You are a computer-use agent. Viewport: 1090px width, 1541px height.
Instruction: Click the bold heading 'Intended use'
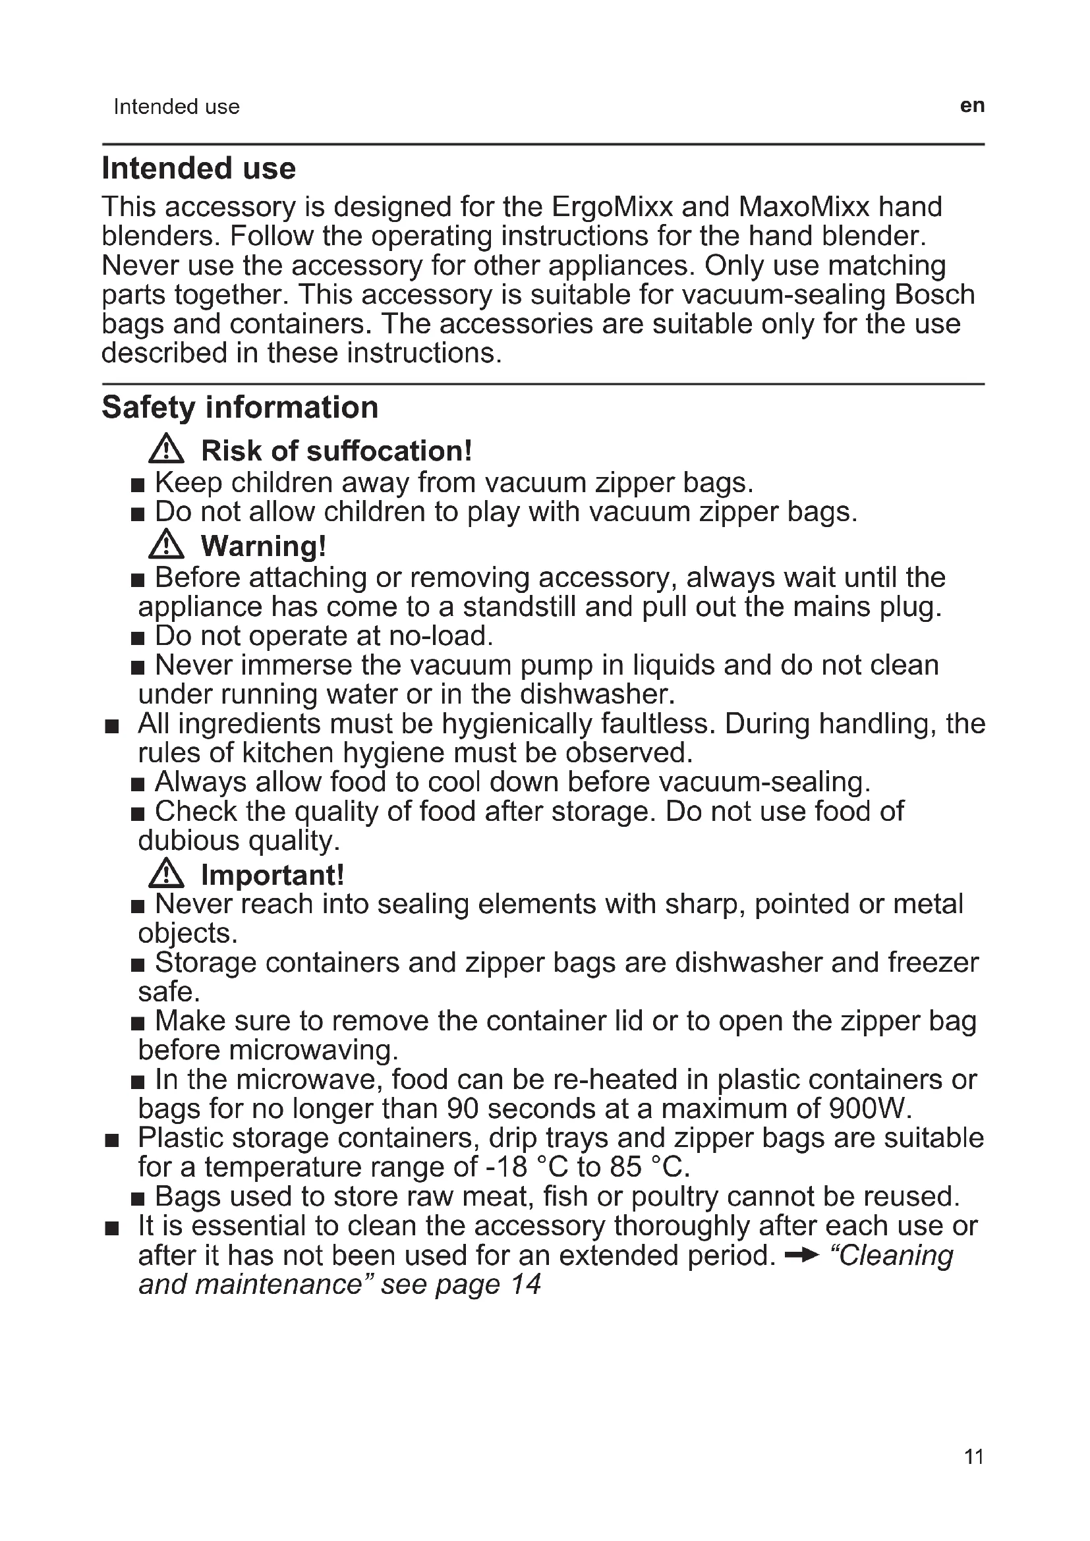198,169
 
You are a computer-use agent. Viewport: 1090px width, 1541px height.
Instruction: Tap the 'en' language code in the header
972,106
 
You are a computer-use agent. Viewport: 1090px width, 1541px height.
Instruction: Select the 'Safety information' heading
240,407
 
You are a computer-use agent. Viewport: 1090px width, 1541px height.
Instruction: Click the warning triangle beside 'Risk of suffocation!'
166,450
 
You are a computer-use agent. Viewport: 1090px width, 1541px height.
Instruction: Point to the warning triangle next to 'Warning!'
166,545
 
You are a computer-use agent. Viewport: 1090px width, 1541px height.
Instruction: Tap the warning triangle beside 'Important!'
166,874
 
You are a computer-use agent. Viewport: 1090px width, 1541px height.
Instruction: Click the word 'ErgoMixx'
612,207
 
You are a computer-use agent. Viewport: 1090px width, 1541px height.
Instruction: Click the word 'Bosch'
934,294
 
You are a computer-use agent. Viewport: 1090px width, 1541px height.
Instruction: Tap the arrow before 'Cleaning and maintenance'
802,1256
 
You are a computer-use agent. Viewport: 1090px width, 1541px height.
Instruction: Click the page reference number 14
525,1285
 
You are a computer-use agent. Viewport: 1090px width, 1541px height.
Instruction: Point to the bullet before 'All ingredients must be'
112,726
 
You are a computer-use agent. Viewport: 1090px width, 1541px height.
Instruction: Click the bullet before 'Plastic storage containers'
112,1140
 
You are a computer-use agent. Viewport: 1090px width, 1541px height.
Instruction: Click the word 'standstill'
519,607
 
